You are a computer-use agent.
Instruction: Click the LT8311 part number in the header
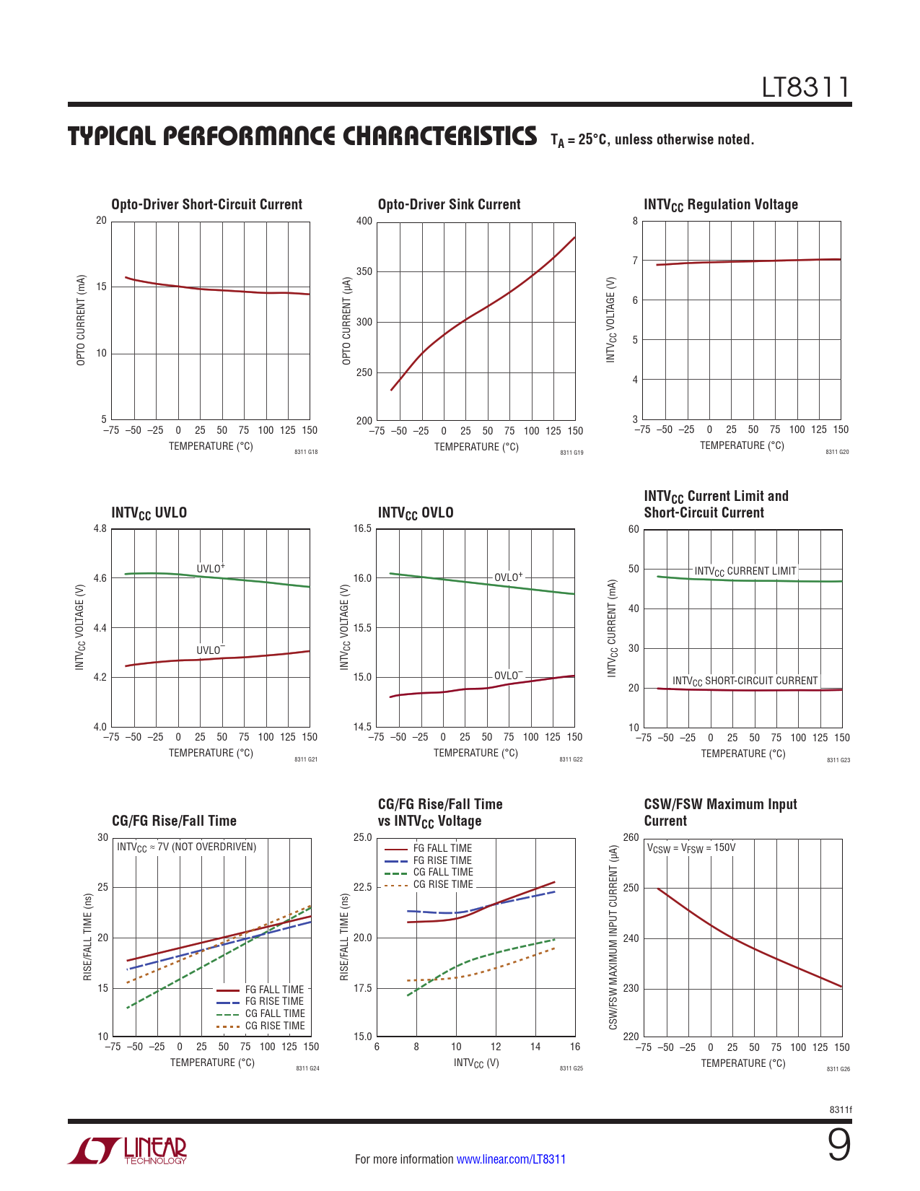tap(806, 87)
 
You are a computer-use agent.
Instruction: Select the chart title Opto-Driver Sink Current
tap(449, 204)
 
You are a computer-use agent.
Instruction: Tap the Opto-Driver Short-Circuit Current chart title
tap(206, 204)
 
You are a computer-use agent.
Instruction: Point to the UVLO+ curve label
tap(211, 569)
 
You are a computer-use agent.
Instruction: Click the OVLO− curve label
tap(508, 676)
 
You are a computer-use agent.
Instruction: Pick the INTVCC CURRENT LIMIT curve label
tap(745, 571)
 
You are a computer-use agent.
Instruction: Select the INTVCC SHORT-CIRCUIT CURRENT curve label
tap(745, 681)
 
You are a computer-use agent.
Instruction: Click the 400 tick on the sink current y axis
tap(364, 222)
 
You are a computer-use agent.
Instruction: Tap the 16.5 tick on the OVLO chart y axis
tap(362, 528)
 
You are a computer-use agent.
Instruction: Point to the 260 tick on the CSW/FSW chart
tap(631, 837)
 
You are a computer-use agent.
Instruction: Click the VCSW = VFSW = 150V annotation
tap(691, 847)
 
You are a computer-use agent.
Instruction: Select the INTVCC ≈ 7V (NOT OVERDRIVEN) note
tap(186, 847)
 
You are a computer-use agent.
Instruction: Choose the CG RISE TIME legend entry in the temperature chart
tap(274, 1026)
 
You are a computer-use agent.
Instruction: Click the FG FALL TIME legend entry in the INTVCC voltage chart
tap(442, 848)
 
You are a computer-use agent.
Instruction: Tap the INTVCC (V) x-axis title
tap(476, 1063)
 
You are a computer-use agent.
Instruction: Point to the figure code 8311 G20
tap(837, 452)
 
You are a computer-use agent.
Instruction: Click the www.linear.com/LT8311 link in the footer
tap(511, 1159)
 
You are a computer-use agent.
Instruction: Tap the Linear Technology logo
tap(128, 1151)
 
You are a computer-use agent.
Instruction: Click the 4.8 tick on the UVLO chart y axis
tap(100, 528)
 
